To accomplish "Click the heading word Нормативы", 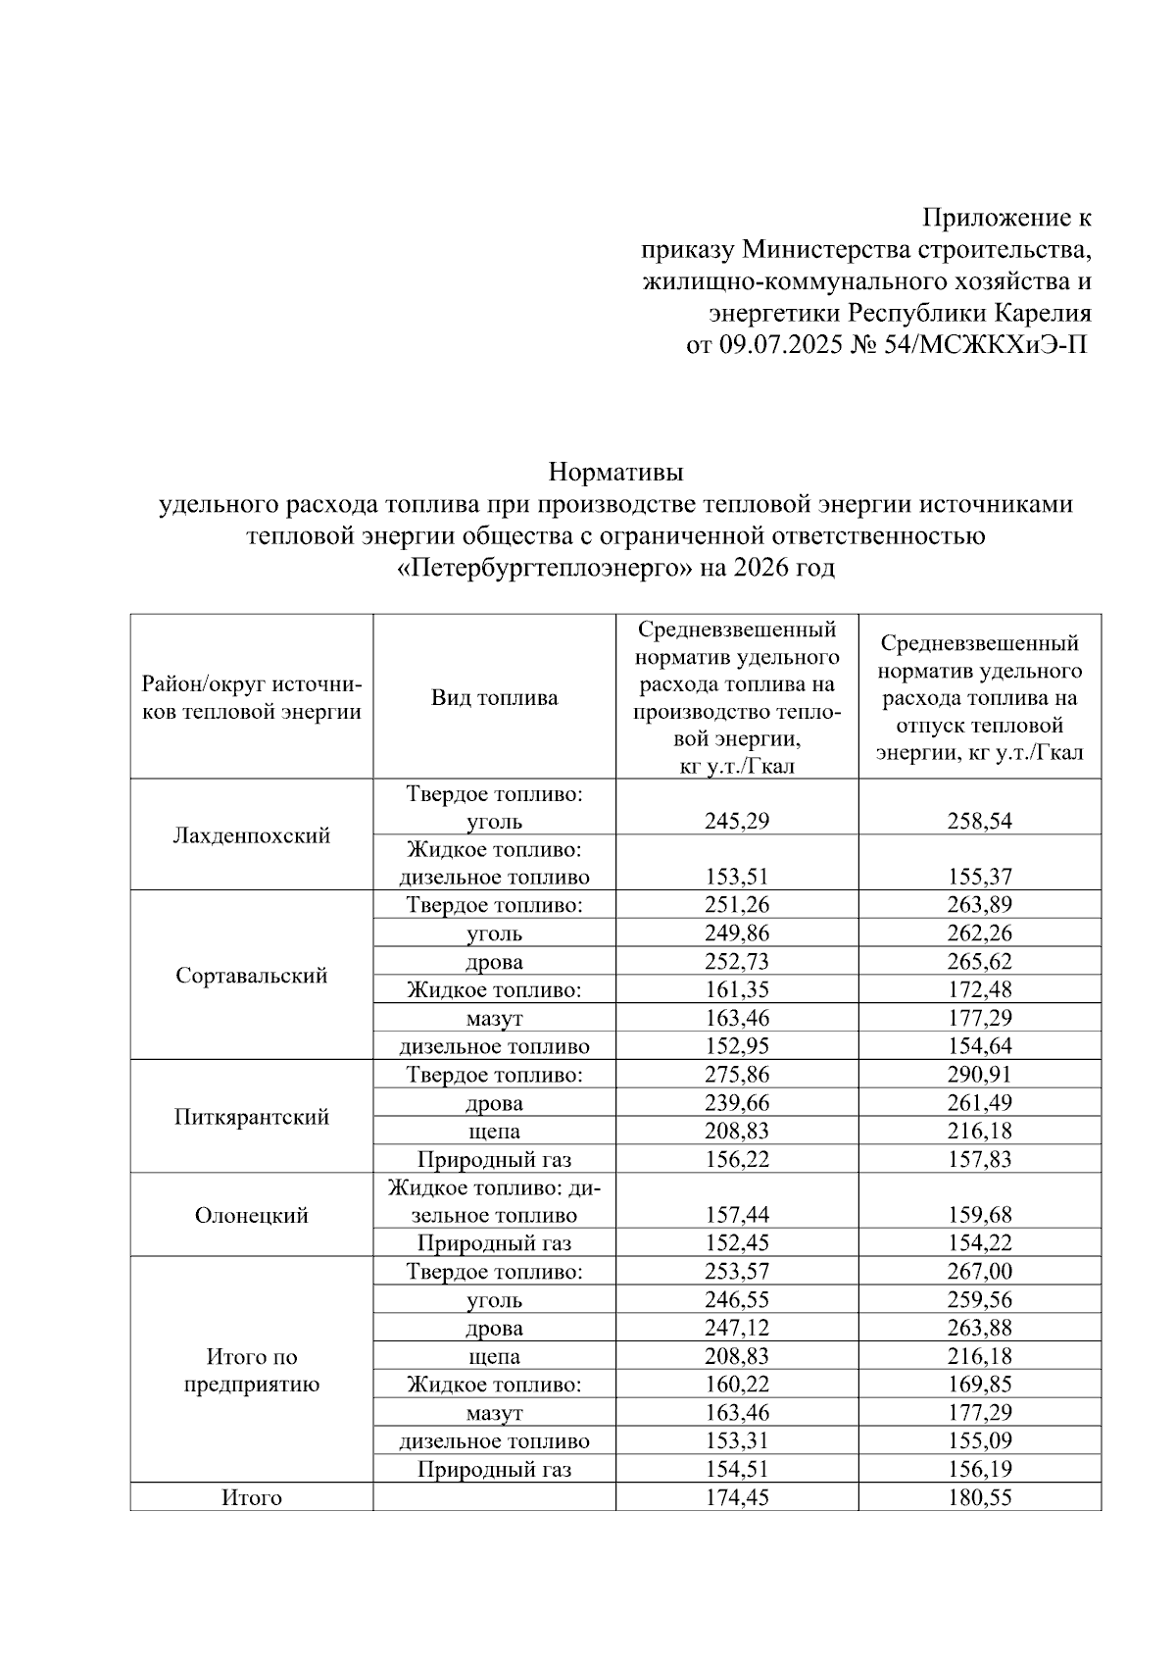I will (615, 472).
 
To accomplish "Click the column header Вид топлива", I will (494, 698).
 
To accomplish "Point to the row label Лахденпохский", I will (251, 835).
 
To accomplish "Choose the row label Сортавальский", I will (251, 976).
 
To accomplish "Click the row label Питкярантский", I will (251, 1117).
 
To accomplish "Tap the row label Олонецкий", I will (251, 1216).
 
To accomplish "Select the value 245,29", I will (737, 821).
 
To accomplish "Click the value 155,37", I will (980, 877).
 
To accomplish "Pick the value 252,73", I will (737, 962).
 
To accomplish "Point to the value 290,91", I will (980, 1075).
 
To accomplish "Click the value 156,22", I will (737, 1160).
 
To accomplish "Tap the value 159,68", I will (980, 1216).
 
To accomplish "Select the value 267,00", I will (980, 1272).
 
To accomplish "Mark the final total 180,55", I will (980, 1498).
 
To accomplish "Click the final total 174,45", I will (737, 1498).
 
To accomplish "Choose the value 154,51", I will (737, 1470).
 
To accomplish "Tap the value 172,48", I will (980, 990).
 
